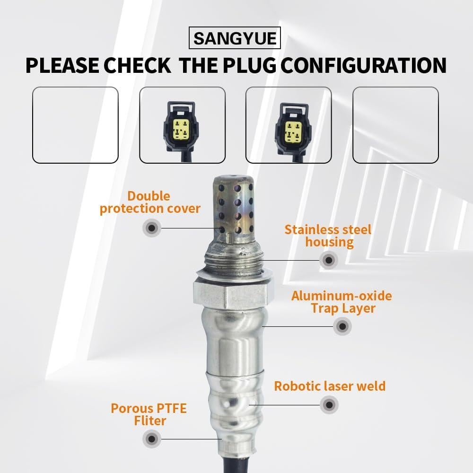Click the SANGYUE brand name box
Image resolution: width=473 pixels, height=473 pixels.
tap(235, 38)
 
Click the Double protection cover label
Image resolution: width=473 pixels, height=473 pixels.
tap(150, 202)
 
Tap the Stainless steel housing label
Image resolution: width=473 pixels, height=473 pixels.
tap(328, 236)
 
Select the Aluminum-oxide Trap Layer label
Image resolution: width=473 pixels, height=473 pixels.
tap(342, 302)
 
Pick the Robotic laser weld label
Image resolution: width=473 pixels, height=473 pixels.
tap(330, 386)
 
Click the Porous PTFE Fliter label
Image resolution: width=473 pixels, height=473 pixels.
tap(149, 414)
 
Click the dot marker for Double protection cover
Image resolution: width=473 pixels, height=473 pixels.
tap(152, 228)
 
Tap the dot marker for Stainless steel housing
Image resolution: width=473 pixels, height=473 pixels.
tap(328, 260)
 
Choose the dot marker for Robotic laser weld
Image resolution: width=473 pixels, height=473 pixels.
tap(329, 404)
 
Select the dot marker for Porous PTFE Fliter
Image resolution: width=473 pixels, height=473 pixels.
tap(152, 438)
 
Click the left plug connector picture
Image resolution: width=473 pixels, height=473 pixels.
tap(182, 125)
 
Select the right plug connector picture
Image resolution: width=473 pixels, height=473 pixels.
tap(289, 125)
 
